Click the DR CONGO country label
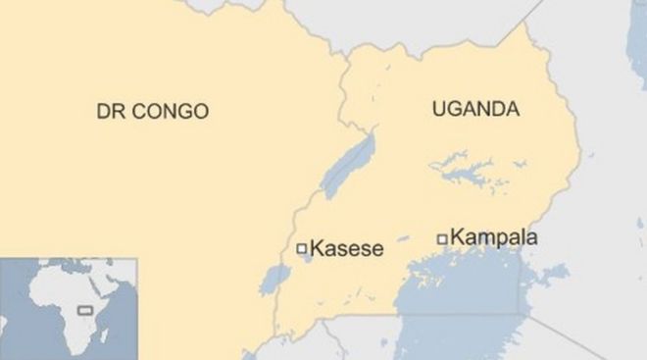152,112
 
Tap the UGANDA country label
475,110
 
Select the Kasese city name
346,249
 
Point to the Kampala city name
495,237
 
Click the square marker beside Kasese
302,249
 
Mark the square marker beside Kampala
442,237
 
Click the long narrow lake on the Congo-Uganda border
349,166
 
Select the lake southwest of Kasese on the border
273,281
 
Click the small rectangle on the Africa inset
84,309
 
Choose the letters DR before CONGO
108,112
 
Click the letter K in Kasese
316,249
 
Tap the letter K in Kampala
458,237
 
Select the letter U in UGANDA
438,110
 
